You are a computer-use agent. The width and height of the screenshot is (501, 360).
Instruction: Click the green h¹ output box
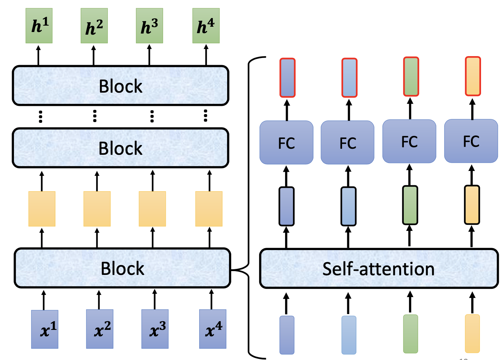pyautogui.click(x=39, y=26)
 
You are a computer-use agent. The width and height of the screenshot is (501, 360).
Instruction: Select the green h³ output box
pyautogui.click(x=149, y=26)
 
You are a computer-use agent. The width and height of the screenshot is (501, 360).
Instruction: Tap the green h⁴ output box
pyautogui.click(x=206, y=26)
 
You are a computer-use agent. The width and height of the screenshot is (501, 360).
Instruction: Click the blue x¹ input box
pyautogui.click(x=44, y=329)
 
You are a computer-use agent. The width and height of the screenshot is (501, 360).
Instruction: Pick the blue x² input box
pyautogui.click(x=99, y=329)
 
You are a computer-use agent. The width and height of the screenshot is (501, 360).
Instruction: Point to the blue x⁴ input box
pyautogui.click(x=212, y=329)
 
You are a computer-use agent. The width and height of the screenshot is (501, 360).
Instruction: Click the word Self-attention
pyautogui.click(x=378, y=269)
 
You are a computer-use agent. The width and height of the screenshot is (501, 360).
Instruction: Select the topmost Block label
pyautogui.click(x=121, y=86)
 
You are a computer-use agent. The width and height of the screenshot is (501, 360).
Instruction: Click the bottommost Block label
pyautogui.click(x=122, y=268)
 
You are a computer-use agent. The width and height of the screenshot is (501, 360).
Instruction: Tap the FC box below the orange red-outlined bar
pyautogui.click(x=471, y=141)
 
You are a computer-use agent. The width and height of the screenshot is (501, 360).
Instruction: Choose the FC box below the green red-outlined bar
pyautogui.click(x=409, y=142)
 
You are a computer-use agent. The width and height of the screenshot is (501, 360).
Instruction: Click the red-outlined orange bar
pyautogui.click(x=473, y=76)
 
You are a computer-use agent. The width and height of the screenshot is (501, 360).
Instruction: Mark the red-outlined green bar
pyautogui.click(x=411, y=76)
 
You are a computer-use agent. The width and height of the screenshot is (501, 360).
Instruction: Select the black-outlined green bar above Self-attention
pyautogui.click(x=410, y=205)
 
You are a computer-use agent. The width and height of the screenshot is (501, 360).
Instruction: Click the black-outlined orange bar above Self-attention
pyautogui.click(x=472, y=204)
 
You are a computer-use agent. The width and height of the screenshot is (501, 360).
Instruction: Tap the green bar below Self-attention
pyautogui.click(x=410, y=334)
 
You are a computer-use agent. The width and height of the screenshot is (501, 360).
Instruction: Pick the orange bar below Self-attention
pyautogui.click(x=472, y=334)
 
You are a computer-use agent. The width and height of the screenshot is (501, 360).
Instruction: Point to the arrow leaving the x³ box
pyautogui.click(x=154, y=299)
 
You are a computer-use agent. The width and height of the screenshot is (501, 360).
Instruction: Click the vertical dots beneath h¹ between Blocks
pyautogui.click(x=40, y=116)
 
